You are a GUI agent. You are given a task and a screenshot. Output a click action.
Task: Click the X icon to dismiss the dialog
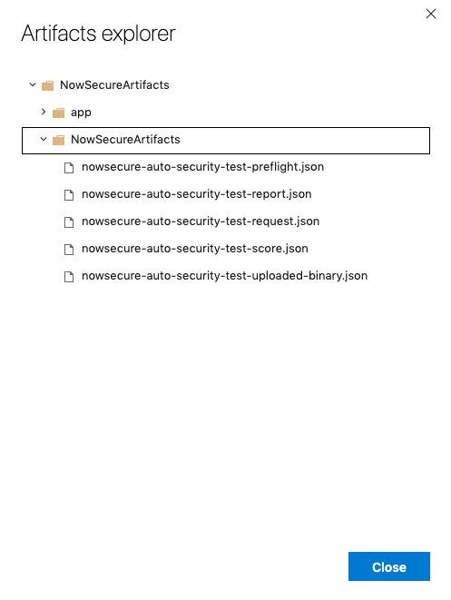431,14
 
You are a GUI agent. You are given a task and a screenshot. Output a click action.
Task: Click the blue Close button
389,566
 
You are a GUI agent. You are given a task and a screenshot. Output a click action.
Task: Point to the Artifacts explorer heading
98,34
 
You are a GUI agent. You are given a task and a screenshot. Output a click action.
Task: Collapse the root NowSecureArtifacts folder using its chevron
33,84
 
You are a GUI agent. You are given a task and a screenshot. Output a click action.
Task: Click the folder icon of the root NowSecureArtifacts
47,85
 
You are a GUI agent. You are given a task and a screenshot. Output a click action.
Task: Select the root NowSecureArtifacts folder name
114,85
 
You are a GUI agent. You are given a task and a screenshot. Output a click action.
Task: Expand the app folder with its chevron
44,112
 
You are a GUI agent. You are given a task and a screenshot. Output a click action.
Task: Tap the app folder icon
58,113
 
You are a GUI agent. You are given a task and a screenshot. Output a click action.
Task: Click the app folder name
81,113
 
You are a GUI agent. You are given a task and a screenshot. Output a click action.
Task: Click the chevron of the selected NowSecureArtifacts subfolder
44,139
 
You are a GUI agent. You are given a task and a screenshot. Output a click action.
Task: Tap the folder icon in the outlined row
58,140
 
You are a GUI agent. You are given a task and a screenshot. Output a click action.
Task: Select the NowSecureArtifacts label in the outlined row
125,140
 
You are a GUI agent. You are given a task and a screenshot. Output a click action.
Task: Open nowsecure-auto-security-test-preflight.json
202,167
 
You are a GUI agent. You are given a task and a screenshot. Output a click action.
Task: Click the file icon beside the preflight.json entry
69,168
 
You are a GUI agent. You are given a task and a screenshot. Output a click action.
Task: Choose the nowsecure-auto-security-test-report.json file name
197,194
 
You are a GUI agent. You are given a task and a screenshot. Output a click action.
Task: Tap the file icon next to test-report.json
69,195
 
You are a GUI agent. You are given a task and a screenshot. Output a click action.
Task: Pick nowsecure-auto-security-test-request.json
201,221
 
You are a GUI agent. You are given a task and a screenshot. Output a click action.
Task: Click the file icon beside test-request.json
69,222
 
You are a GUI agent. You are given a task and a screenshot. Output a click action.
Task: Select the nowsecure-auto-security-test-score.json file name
195,249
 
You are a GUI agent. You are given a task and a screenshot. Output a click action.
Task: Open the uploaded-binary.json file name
224,276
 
